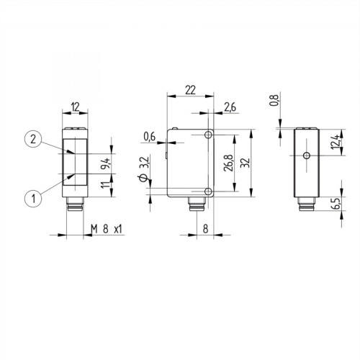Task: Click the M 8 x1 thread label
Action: click(105, 229)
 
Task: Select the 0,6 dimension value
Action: click(149, 136)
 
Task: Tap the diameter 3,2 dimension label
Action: click(143, 170)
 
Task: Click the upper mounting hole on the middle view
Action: click(208, 135)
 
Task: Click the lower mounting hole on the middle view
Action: click(208, 191)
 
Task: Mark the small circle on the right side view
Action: click(305, 156)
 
